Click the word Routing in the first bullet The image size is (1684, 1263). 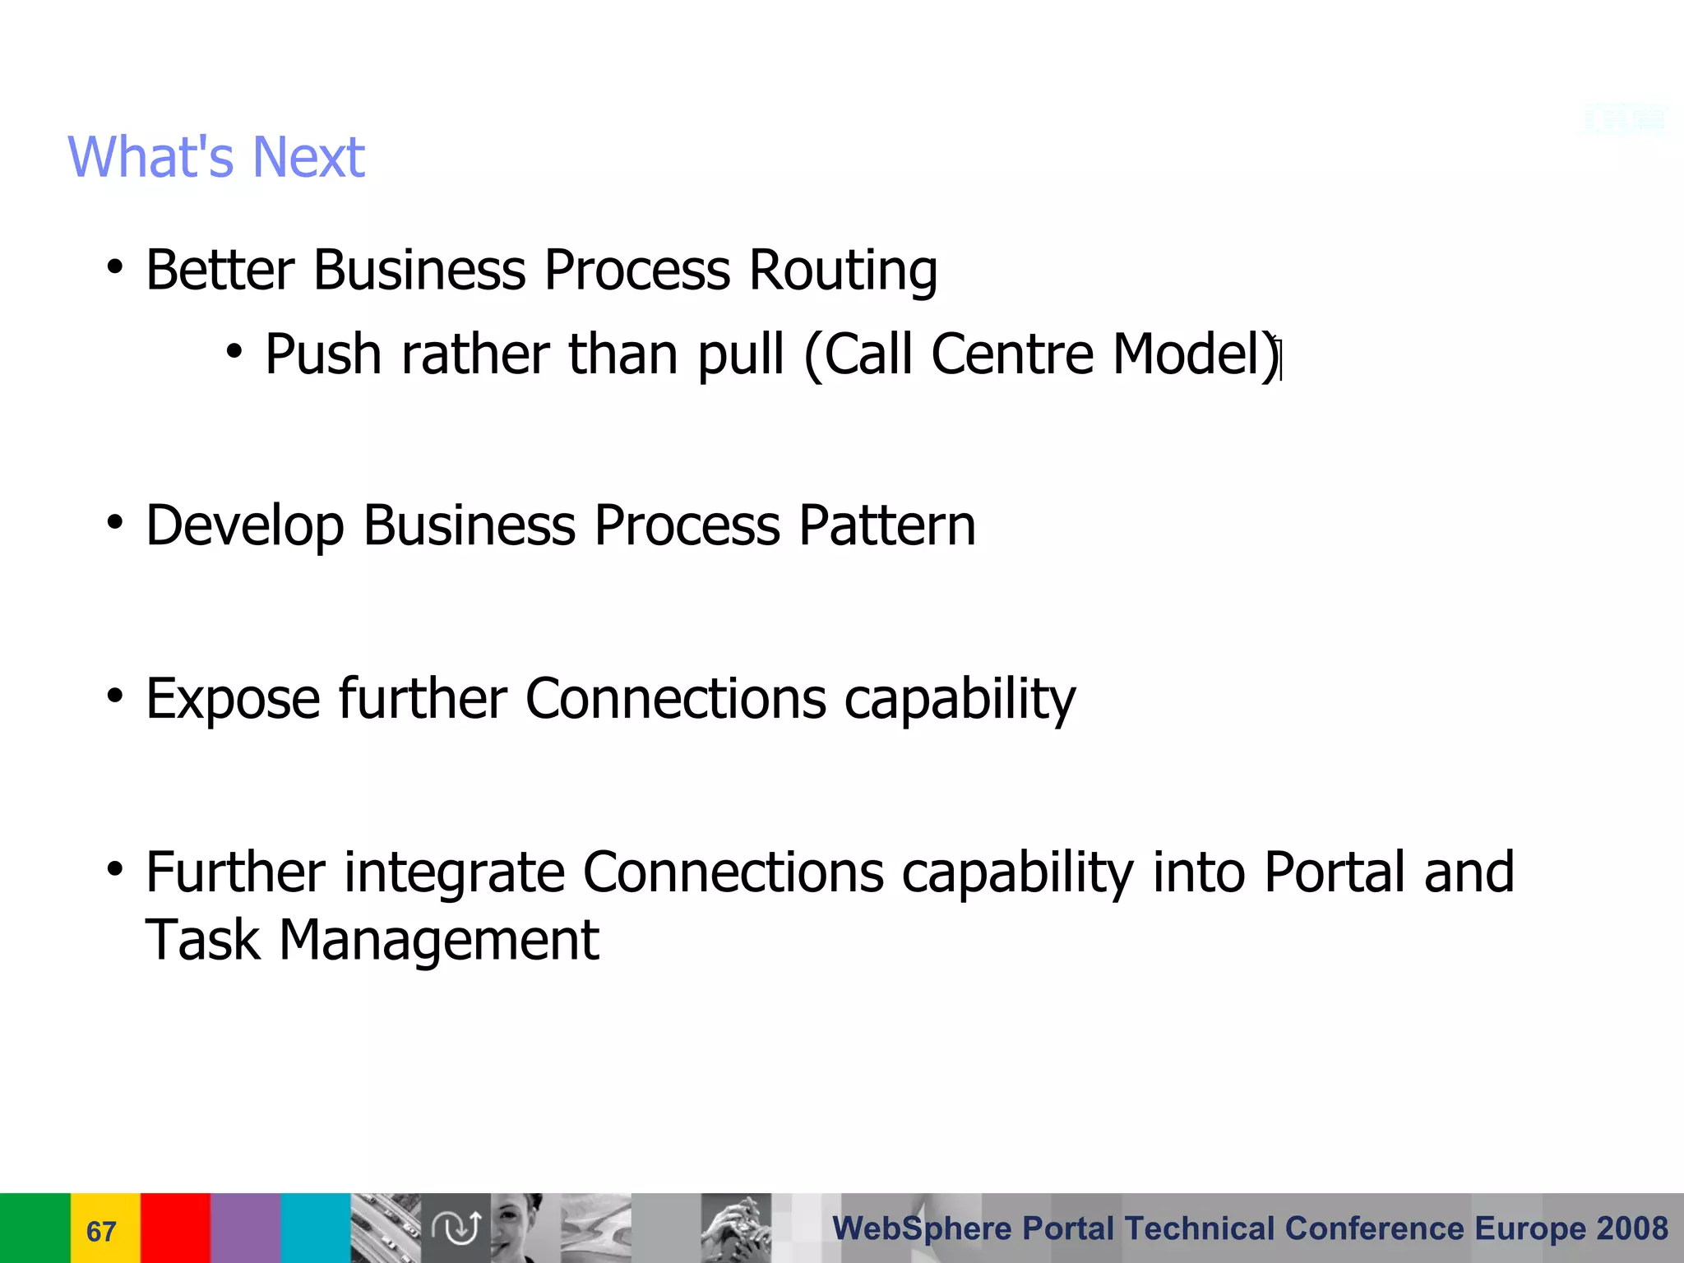pyautogui.click(x=843, y=271)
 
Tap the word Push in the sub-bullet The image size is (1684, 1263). pyautogui.click(x=323, y=355)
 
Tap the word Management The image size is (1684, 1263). pyautogui.click(x=439, y=941)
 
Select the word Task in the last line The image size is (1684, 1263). pyautogui.click(x=202, y=941)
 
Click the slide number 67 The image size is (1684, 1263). pyautogui.click(x=101, y=1231)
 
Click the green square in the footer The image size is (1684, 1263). pyautogui.click(x=35, y=1228)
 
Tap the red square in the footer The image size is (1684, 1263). pyautogui.click(x=175, y=1228)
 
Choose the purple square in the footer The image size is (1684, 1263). pyautogui.click(x=245, y=1228)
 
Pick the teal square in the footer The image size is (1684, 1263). pyautogui.click(x=316, y=1228)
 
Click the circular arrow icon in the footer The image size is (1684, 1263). pyautogui.click(x=456, y=1228)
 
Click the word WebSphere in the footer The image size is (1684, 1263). pyautogui.click(x=922, y=1228)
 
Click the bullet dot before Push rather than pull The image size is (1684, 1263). pyautogui.click(x=234, y=353)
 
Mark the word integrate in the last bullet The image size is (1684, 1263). pyautogui.click(x=454, y=872)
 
